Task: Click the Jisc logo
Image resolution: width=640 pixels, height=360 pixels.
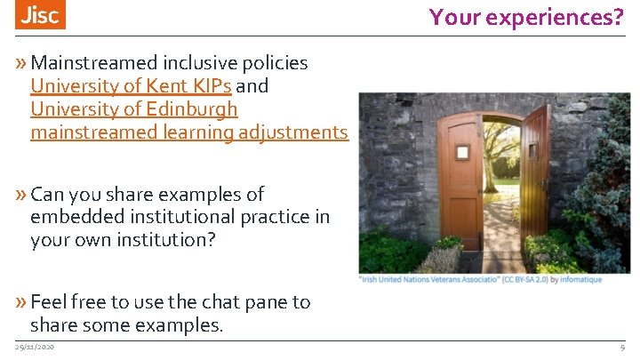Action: coord(41,16)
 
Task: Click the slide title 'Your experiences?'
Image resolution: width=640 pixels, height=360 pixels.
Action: coord(526,16)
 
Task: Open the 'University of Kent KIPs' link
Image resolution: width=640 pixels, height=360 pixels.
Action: coord(131,86)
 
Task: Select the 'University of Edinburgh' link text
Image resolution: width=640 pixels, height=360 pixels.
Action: coord(134,109)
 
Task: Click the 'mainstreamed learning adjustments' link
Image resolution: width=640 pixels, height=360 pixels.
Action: coord(188,132)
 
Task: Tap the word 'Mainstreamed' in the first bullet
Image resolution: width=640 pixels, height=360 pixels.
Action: coord(95,63)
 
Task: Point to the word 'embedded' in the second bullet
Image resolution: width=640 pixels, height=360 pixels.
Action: coord(68,217)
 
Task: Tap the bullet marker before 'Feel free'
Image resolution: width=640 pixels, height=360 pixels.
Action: coord(21,302)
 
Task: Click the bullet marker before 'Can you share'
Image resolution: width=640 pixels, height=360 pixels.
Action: coord(21,194)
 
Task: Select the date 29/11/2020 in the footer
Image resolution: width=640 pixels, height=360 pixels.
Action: coord(35,347)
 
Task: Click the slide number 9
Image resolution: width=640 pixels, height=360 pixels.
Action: coord(622,347)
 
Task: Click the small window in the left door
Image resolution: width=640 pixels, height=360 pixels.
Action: coord(462,152)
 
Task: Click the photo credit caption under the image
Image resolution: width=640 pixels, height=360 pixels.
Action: coord(480,280)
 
